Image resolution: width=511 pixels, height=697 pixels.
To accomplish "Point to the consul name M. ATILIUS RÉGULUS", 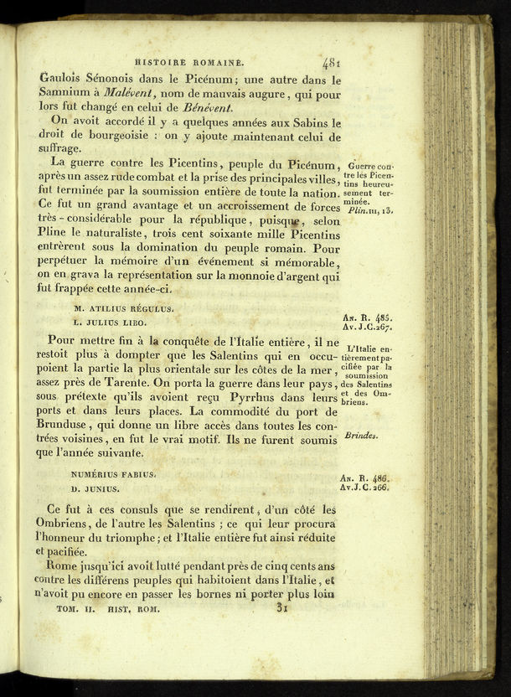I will tap(122, 308).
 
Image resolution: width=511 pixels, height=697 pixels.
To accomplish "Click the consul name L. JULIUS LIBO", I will tap(109, 322).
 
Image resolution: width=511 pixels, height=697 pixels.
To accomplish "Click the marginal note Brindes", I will tap(360, 436).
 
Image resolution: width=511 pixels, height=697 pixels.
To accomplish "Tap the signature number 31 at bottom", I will tap(286, 610).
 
